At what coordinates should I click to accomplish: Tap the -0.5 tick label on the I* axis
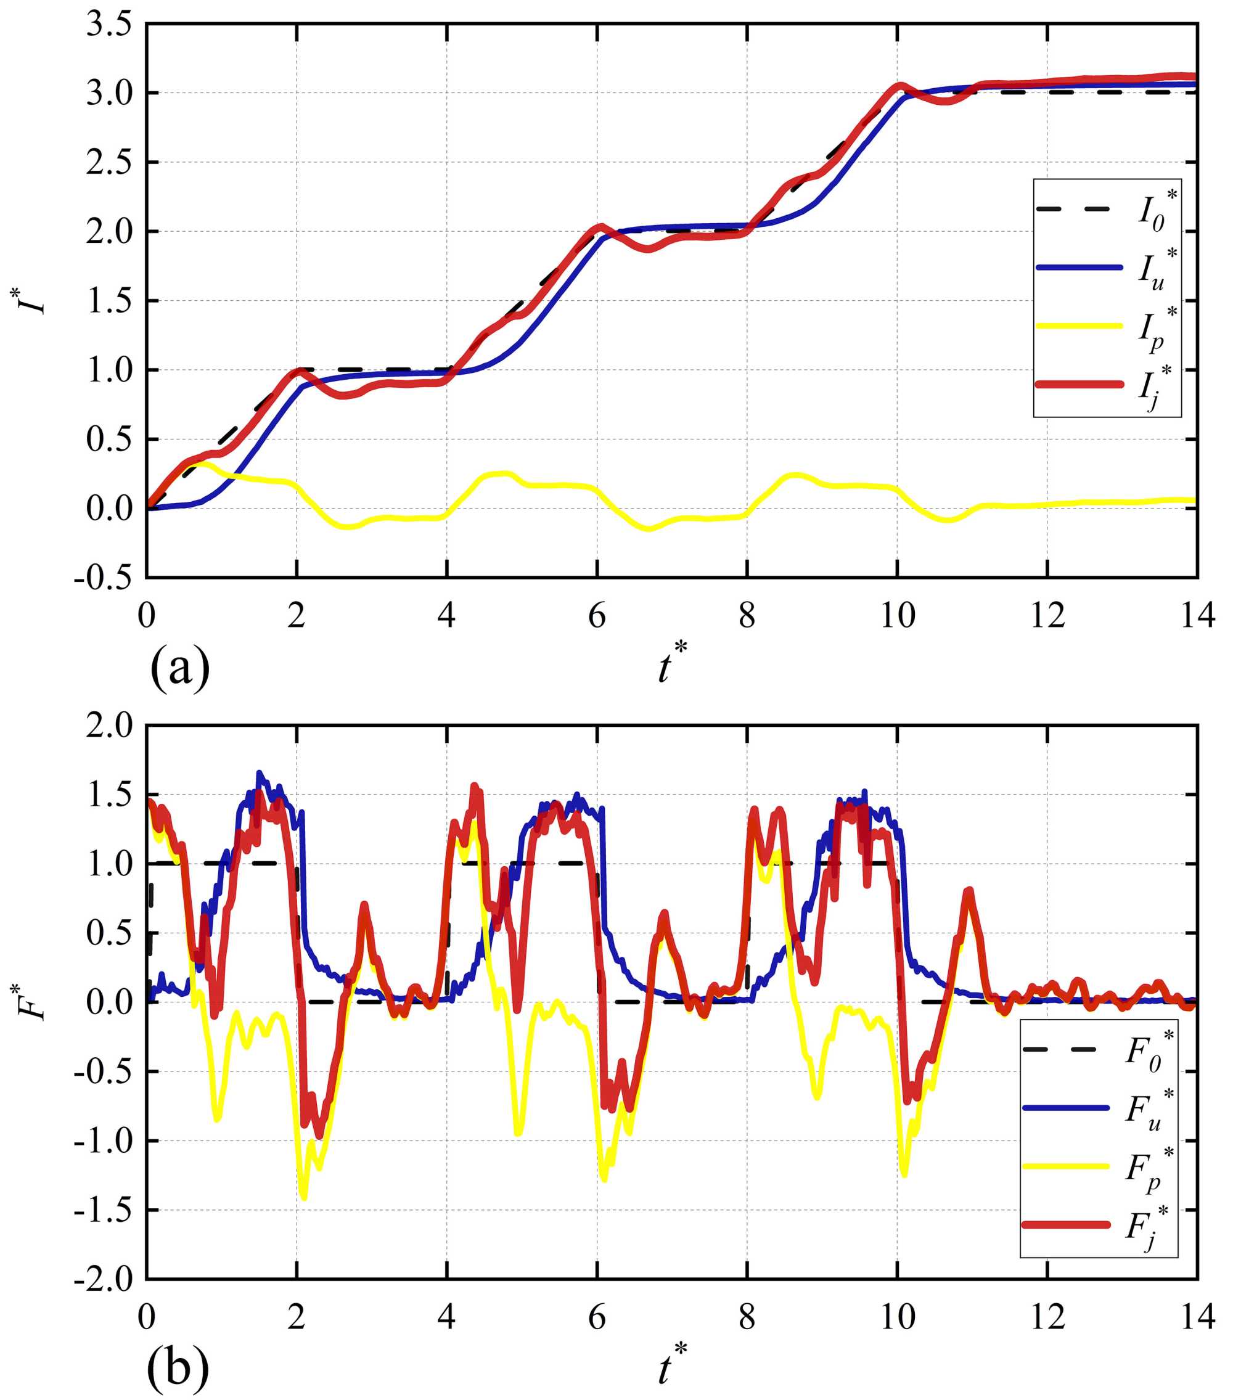[x=103, y=577]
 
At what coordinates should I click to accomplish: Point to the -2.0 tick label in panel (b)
[x=103, y=1279]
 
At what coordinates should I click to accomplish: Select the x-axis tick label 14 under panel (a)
[x=1197, y=616]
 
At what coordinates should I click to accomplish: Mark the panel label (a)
[x=179, y=668]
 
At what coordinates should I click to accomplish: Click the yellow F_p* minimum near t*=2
[x=303, y=1198]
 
